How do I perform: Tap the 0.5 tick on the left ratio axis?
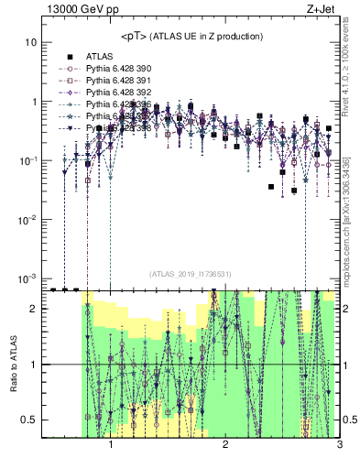click(x=29, y=420)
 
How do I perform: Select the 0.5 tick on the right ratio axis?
click(x=350, y=420)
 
